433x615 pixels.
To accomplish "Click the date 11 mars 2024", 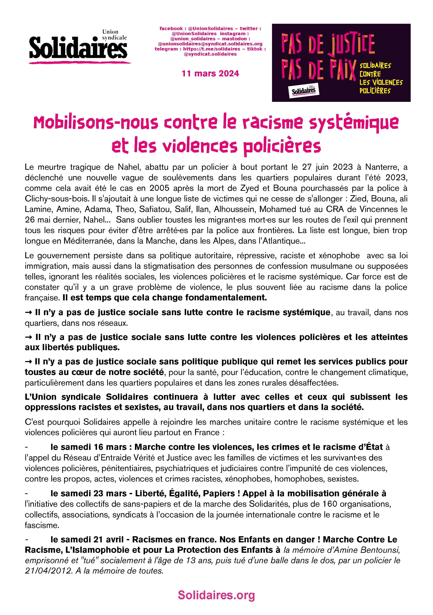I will click(210, 74).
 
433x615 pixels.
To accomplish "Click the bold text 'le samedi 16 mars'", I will click(89, 447).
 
